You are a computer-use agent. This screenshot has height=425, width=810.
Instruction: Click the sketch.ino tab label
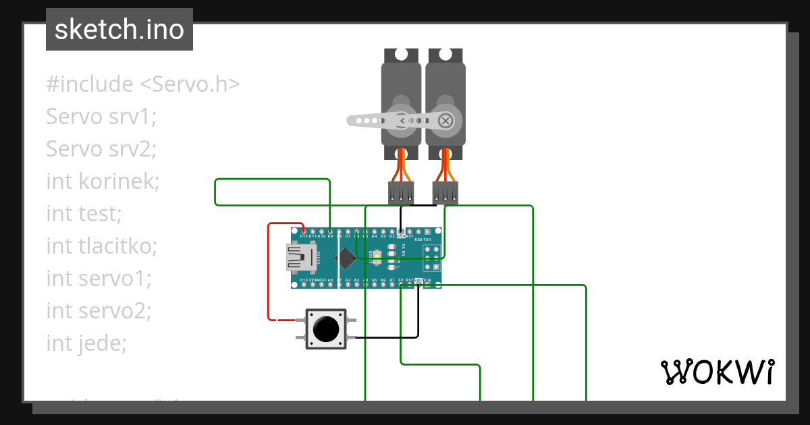119,30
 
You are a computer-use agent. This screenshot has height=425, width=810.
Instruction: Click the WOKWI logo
716,372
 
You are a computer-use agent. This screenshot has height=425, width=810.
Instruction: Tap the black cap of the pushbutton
326,329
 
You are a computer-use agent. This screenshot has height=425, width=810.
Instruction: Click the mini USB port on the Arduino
300,257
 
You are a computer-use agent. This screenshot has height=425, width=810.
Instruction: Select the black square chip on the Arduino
347,258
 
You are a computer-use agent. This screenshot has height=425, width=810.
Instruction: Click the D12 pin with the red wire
304,231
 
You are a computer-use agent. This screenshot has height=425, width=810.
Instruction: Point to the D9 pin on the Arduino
329,231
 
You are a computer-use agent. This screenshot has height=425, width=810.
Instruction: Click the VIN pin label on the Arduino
427,280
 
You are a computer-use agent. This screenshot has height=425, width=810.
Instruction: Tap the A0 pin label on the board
330,280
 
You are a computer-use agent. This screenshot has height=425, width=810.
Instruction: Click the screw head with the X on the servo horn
446,121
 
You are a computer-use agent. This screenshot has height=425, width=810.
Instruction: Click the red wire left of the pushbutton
269,283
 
